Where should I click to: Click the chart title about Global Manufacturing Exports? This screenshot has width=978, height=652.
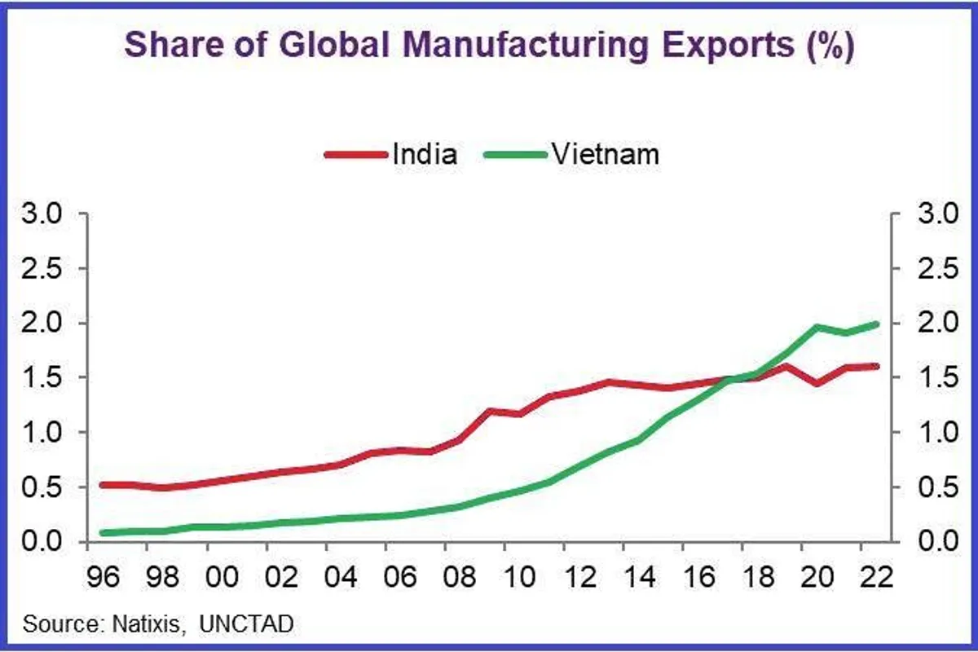(x=489, y=46)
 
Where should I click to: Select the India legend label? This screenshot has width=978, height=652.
(x=425, y=154)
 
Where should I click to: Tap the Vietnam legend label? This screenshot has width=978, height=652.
(x=605, y=154)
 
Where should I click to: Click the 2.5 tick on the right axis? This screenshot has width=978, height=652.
(x=936, y=270)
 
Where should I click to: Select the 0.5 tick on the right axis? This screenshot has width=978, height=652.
(x=936, y=487)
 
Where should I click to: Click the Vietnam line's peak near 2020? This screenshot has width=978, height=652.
(x=817, y=328)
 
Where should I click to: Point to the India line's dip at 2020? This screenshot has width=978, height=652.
(x=817, y=382)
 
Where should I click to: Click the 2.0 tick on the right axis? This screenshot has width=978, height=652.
(x=936, y=324)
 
